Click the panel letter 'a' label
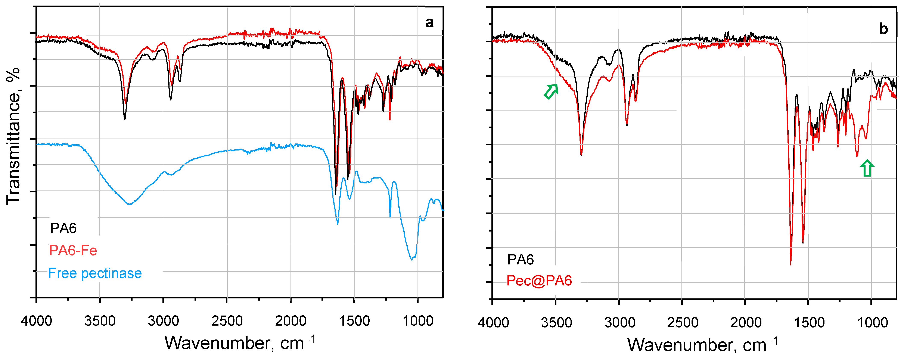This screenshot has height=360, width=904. coord(429,23)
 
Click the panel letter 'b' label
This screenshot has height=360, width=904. coord(883,29)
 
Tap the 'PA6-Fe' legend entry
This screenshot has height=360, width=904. coord(73,251)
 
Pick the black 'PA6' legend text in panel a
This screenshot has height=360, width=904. coord(63,228)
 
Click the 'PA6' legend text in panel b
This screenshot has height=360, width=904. coord(521,260)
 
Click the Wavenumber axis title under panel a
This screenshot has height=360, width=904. coord(240,343)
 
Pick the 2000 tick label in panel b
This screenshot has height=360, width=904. coord(746,322)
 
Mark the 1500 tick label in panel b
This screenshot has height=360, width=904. coord(809,322)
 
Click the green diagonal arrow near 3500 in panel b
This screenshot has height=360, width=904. coord(551,91)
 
